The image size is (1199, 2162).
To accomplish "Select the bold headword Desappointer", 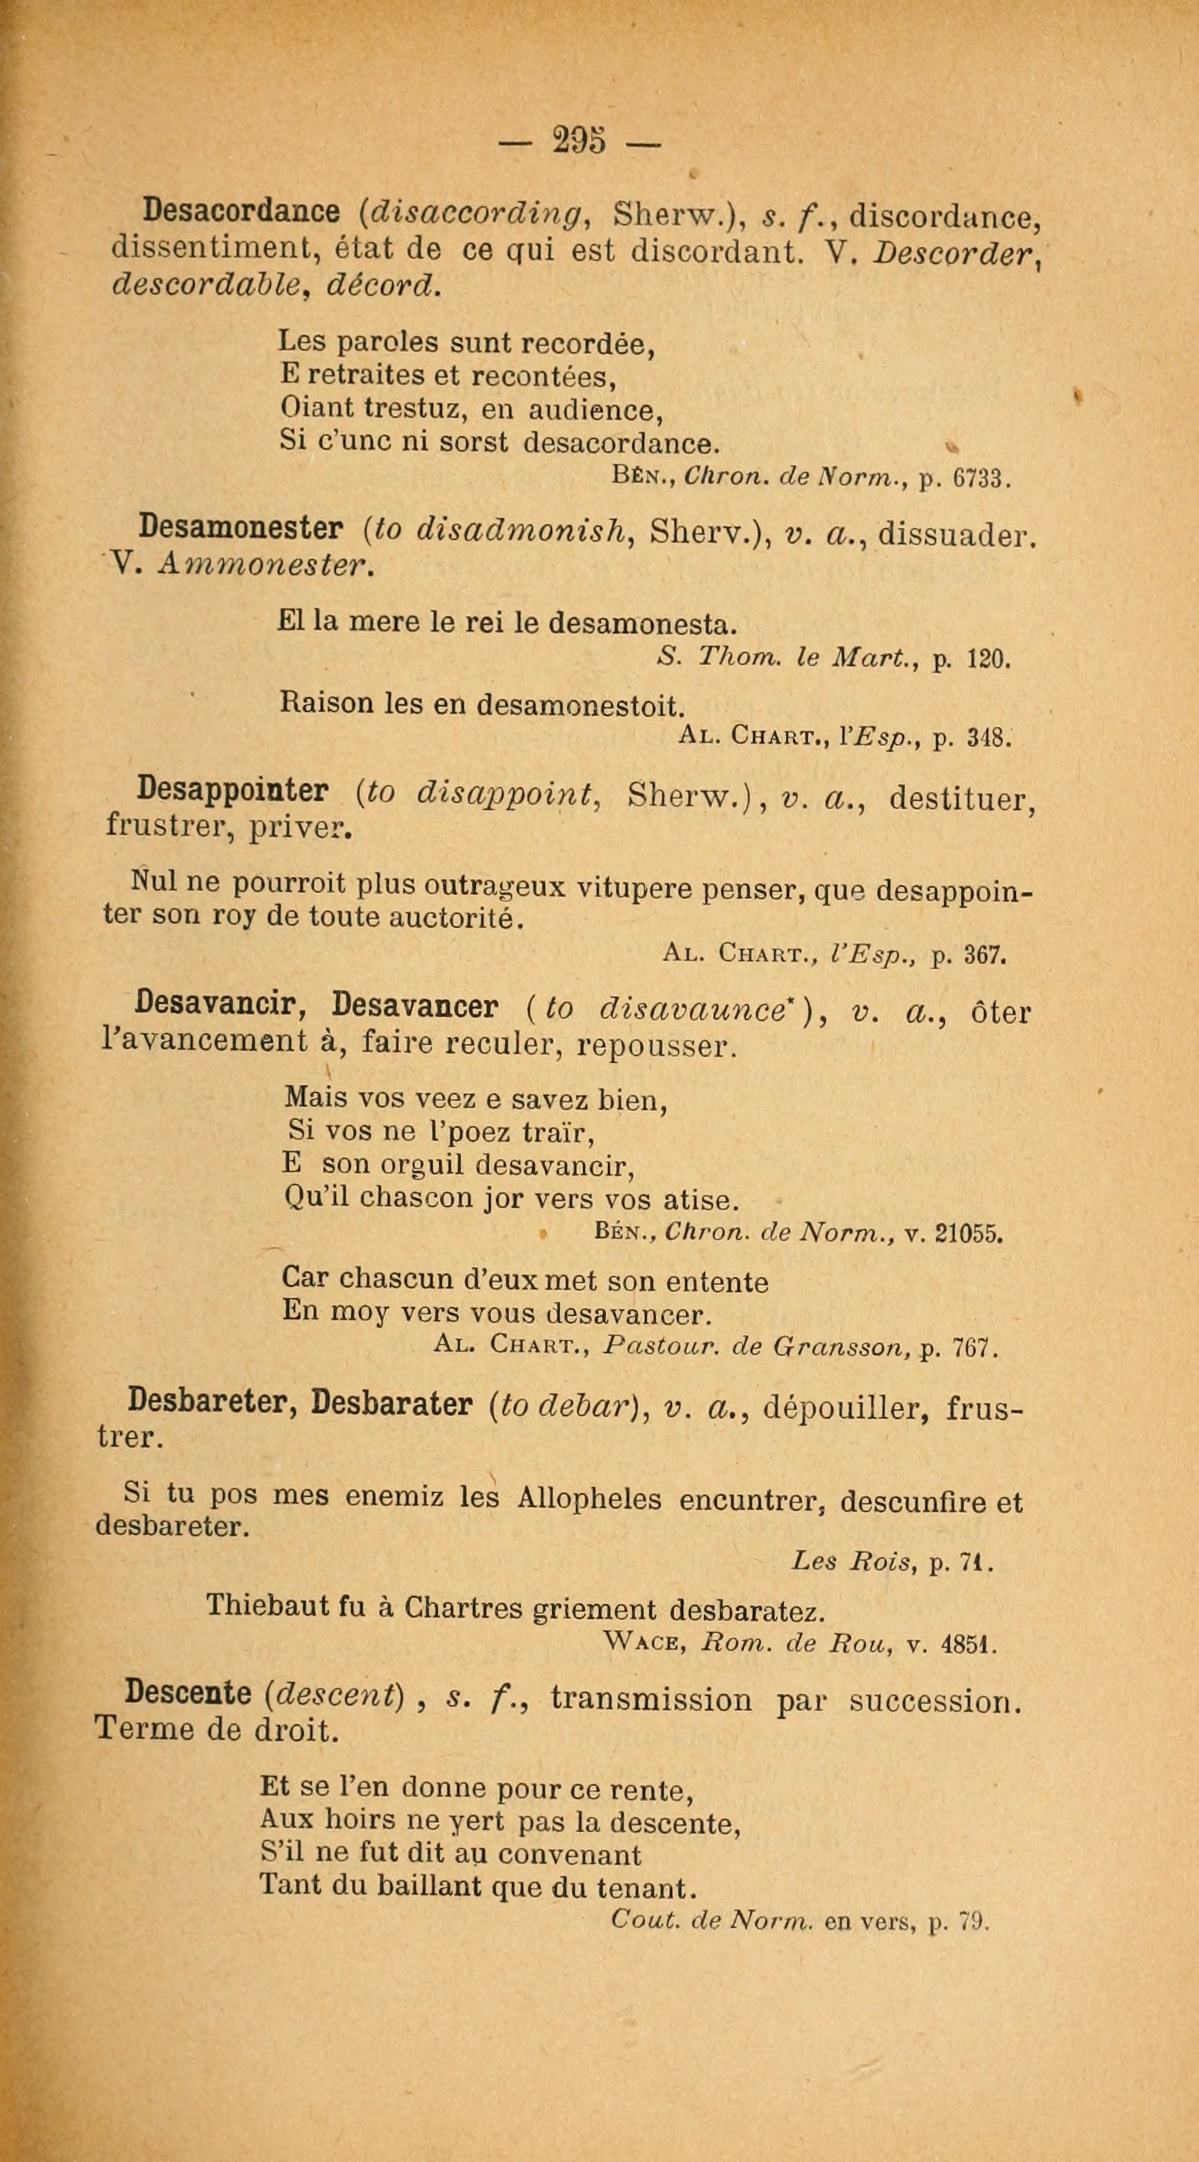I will point(233,790).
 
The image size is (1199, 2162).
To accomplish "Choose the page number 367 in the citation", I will point(979,955).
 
